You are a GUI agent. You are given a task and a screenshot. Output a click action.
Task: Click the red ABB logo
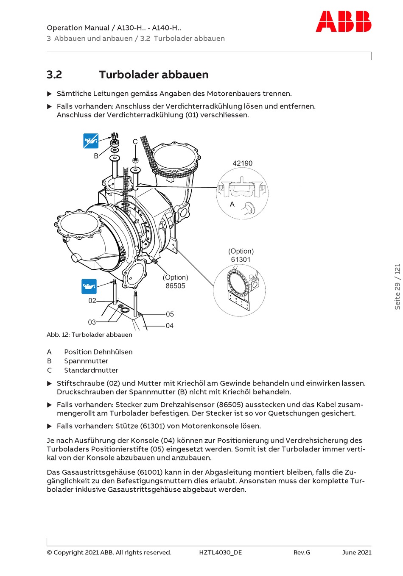343,22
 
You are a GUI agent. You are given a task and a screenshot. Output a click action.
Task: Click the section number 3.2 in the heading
54,75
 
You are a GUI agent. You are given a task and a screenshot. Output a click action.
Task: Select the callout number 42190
242,163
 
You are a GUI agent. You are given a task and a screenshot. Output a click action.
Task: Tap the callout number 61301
241,260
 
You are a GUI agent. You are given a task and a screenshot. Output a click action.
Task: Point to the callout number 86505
175,286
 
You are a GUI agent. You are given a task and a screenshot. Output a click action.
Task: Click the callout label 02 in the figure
92,301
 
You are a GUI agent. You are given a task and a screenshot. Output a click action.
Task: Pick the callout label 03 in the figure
92,322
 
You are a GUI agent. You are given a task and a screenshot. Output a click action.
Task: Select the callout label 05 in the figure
170,314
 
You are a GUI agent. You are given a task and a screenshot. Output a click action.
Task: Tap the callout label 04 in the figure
170,326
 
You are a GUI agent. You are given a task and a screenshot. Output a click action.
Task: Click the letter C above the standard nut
135,142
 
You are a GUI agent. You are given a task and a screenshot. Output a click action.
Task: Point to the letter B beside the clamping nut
96,156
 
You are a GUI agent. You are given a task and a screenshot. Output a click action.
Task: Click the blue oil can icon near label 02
89,287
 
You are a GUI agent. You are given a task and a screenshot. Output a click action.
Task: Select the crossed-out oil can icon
91,141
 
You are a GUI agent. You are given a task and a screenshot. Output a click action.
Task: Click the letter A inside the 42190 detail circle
232,204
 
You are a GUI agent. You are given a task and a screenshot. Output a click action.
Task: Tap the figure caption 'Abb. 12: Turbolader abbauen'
90,335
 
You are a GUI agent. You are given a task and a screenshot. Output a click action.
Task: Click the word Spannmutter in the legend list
86,361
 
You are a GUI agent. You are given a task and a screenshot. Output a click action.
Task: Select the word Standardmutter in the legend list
91,370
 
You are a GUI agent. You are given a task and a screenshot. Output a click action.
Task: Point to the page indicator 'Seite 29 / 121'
397,287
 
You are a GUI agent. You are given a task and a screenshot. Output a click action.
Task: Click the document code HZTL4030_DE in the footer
221,552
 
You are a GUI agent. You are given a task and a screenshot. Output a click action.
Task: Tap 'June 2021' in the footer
357,552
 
